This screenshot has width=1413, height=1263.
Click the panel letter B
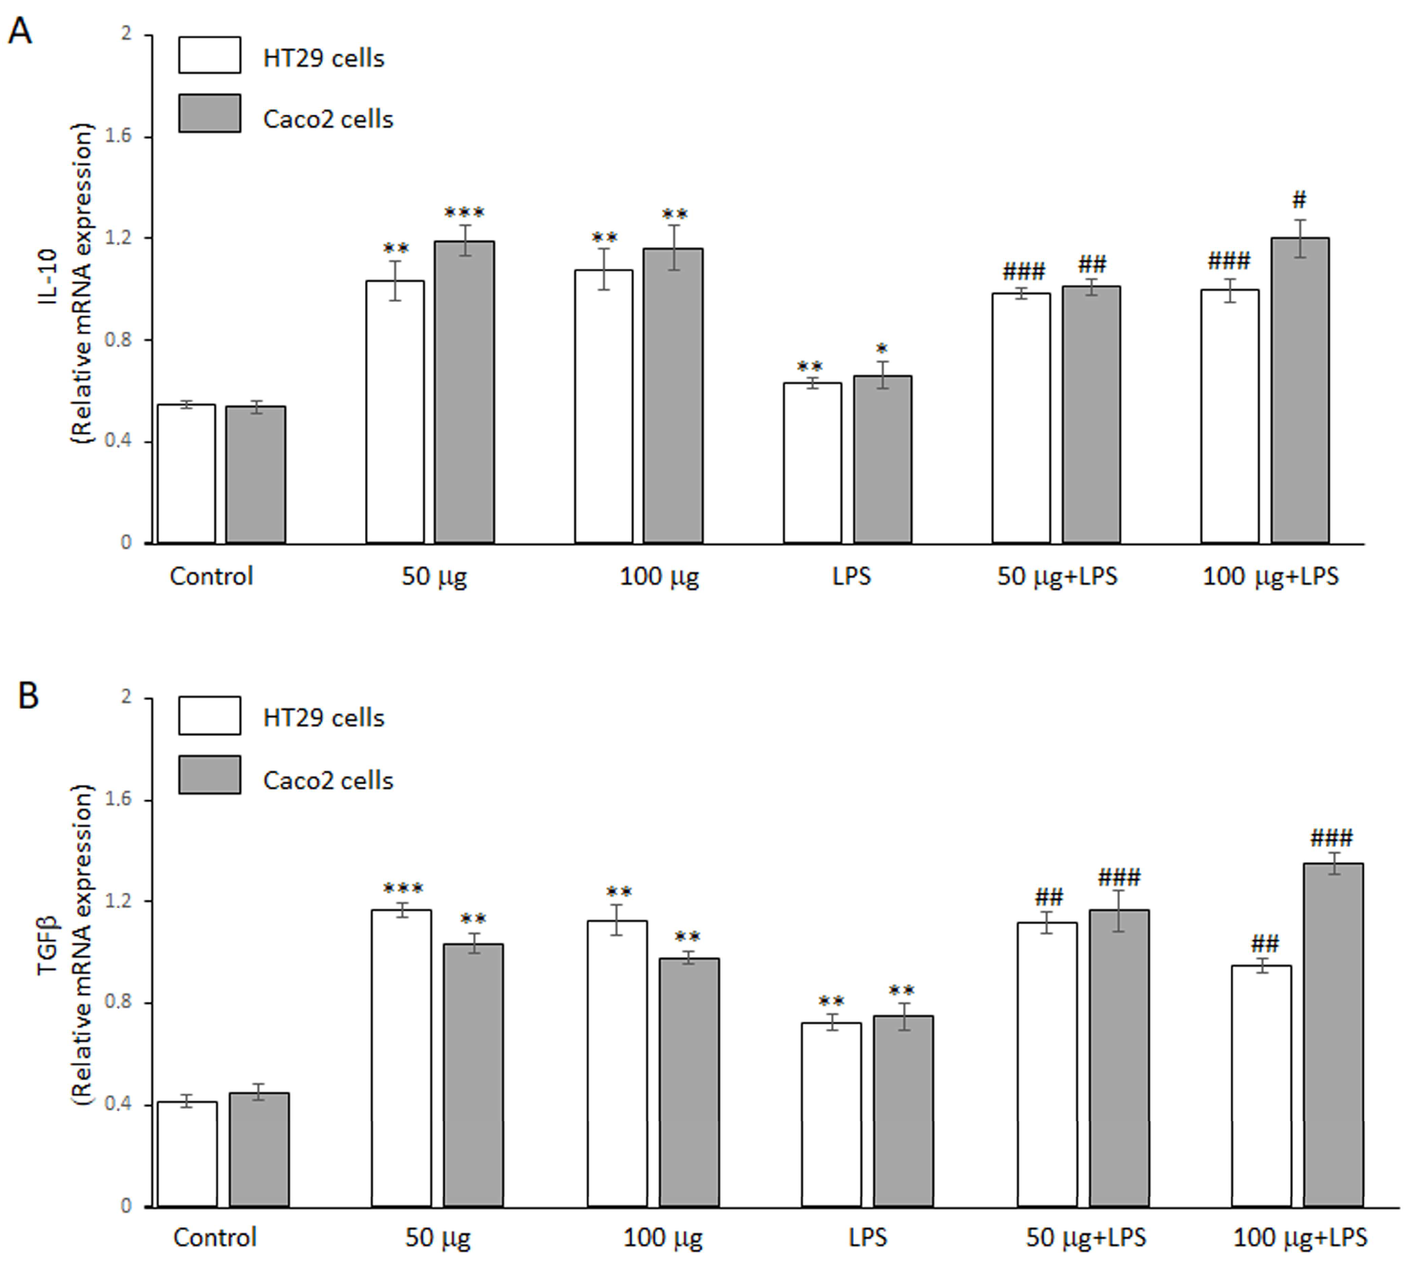coord(28,695)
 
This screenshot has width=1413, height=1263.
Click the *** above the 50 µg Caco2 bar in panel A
coord(464,212)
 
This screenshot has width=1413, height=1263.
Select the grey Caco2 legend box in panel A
coord(210,113)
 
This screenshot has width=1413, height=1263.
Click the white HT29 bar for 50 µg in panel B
coord(401,1059)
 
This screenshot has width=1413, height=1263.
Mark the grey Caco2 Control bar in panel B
coord(260,1150)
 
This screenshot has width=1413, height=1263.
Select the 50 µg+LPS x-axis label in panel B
coord(1086,1237)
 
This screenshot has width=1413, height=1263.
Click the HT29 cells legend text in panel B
coord(323,717)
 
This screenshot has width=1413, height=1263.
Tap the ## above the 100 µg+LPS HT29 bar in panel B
coord(1264,944)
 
